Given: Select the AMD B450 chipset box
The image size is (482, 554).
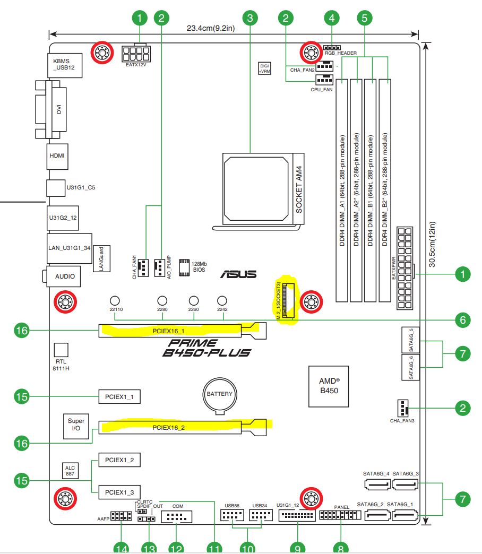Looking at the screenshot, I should pos(329,386).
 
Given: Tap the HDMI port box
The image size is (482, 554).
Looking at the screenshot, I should pos(57,157).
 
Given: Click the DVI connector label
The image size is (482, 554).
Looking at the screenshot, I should pos(59,109).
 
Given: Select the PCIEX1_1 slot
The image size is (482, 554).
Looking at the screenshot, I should pos(119,396).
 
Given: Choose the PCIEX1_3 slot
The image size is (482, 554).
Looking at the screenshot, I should pos(119,492).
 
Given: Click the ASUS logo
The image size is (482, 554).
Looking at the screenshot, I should pos(239,274).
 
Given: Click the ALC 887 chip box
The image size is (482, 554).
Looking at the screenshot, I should pos(70,470).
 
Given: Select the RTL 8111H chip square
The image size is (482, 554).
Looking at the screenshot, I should pos(62,349).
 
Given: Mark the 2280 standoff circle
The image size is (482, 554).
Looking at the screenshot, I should pos(163,300).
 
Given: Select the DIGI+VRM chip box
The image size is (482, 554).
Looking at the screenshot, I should pos(264,68).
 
